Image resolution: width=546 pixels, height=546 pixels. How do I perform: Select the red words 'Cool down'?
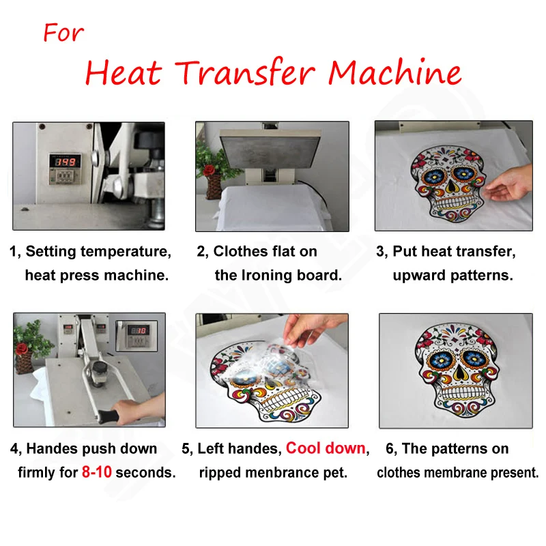click(326, 448)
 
